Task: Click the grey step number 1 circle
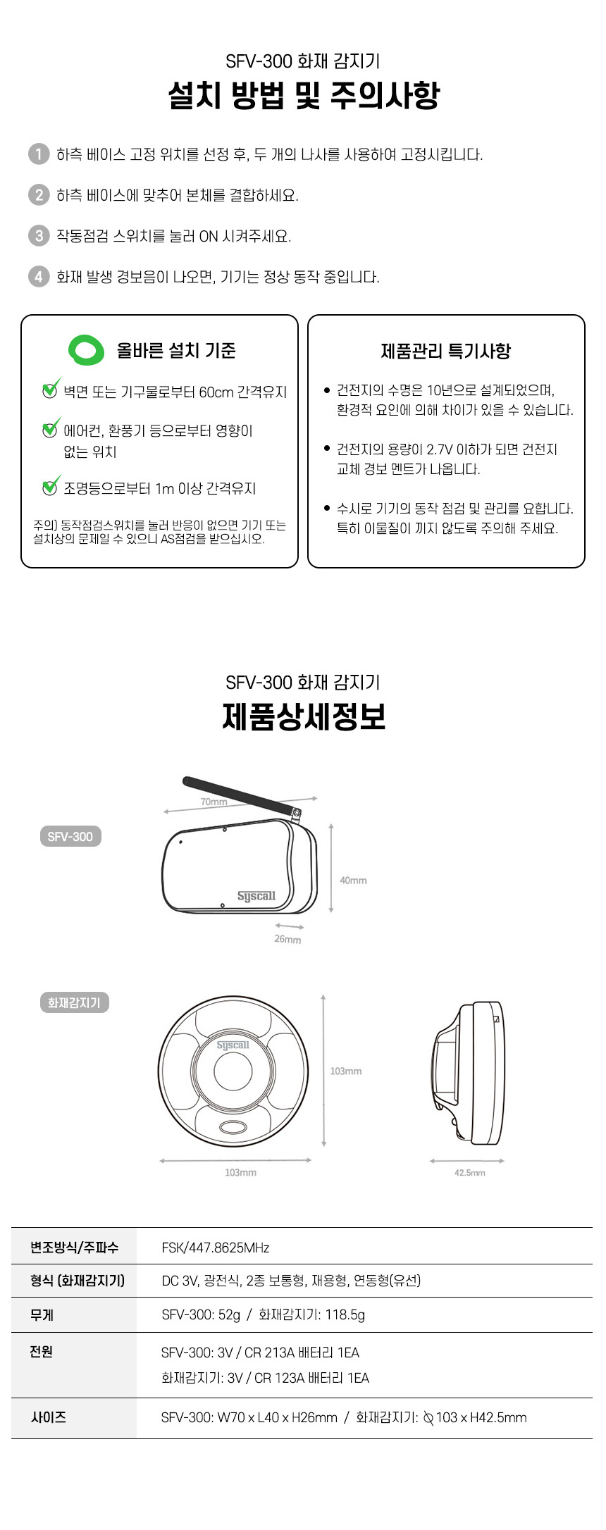pos(39,154)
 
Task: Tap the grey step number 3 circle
pos(39,235)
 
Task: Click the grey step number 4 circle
pos(39,276)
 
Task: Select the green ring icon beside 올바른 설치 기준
pos(86,350)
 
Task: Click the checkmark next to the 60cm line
pos(51,389)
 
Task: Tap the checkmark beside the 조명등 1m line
pos(51,485)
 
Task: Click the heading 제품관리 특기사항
pos(445,351)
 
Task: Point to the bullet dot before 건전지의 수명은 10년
pos(327,390)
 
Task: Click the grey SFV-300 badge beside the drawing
pos(70,836)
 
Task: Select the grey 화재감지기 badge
pos(74,1002)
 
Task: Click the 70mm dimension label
pos(214,802)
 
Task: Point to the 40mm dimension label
pos(353,880)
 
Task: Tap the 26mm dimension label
pos(287,939)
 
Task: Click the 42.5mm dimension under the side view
pos(469,1172)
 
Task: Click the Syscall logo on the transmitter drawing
pos(256,896)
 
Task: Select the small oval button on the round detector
pos(233,1127)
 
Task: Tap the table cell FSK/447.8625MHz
pos(216,1248)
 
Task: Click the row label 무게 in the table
pos(42,1314)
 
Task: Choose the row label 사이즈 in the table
pos(49,1417)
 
